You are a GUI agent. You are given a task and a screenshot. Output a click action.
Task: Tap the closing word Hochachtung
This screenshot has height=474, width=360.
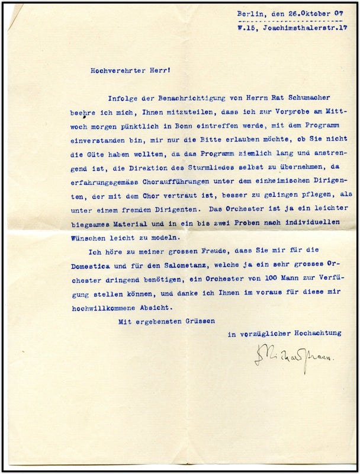click(x=320, y=333)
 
